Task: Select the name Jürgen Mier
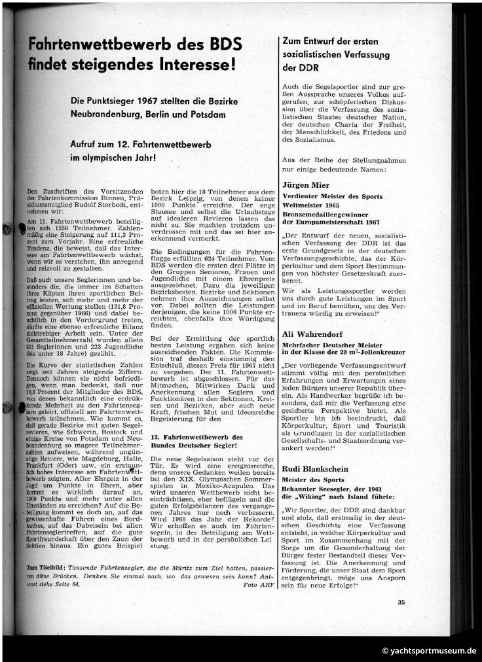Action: (x=305, y=184)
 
